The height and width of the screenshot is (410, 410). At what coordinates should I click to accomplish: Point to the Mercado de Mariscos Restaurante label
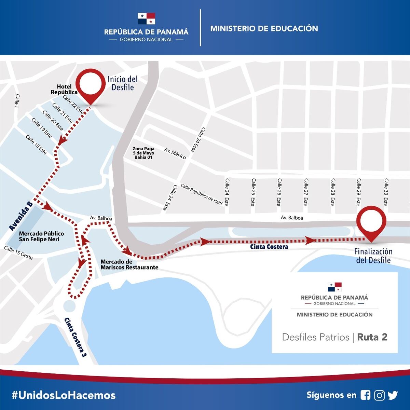click(129, 264)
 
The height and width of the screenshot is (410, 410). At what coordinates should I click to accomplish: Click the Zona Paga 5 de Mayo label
click(143, 153)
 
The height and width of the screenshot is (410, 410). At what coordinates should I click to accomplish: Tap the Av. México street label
click(175, 154)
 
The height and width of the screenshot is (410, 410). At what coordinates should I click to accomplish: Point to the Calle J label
click(17, 101)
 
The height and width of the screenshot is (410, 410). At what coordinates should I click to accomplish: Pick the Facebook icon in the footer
click(365, 395)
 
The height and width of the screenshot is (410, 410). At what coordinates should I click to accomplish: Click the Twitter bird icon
click(393, 395)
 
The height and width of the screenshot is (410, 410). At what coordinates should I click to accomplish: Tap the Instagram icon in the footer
click(379, 395)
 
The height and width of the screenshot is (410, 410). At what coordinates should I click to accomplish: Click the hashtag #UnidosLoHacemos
click(64, 395)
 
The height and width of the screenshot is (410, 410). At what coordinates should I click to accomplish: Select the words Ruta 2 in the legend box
click(372, 337)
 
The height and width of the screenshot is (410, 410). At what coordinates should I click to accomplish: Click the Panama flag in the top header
click(146, 18)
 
